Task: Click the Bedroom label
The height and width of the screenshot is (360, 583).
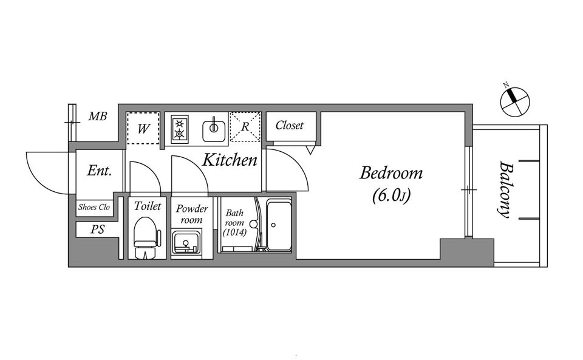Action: coord(391,174)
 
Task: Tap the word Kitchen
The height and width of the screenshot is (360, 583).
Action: coord(230,160)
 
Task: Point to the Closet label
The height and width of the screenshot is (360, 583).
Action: coord(289,126)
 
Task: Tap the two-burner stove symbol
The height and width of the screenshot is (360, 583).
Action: coord(180,129)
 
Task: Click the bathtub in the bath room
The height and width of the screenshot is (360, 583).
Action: coord(279,226)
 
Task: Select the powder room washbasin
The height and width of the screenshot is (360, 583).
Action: coord(186,242)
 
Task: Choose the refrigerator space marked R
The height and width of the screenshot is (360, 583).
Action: coord(245,127)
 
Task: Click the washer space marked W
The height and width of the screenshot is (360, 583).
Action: coord(143,128)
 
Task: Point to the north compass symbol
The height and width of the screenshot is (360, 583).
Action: coord(515,101)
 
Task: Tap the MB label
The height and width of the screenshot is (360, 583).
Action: coord(97,117)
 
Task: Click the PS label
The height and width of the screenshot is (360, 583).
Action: coord(97,229)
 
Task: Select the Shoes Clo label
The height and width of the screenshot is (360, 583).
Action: coord(94,207)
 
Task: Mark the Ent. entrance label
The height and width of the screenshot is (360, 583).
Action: coord(99,171)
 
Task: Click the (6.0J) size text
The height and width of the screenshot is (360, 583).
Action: coord(391,196)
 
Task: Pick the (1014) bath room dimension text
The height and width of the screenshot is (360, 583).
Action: coord(234,233)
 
